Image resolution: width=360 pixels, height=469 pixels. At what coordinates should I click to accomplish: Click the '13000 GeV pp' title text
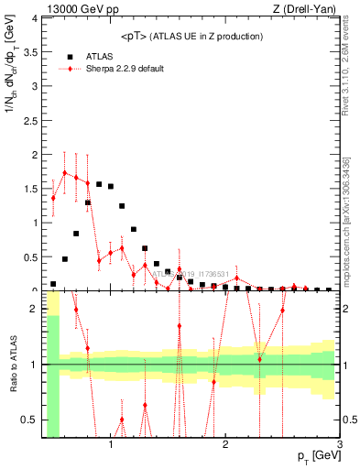[x=83, y=9]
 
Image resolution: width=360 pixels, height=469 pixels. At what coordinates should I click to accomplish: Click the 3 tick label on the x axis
[x=339, y=446]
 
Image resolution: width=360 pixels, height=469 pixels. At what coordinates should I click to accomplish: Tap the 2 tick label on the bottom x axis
[x=225, y=446]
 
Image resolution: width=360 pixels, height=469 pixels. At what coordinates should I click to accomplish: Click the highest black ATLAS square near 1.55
[x=99, y=184]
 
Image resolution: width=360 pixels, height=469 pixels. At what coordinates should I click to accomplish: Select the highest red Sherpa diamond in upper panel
[x=65, y=172]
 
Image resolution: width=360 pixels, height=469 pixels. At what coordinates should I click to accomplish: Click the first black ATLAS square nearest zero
[x=53, y=284]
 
